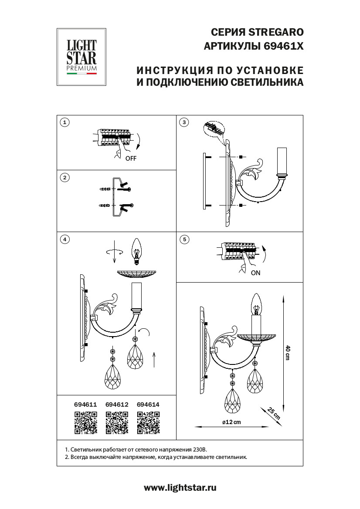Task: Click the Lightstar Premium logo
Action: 82,57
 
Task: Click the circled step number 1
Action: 65,122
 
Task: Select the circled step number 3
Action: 184,122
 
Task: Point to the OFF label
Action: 131,158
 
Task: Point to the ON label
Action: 255,273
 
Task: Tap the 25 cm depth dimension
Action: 274,413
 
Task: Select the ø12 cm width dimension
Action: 231,422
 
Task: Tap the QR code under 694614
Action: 148,423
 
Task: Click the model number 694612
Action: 117,405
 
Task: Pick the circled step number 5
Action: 184,239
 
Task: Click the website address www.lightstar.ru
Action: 180,488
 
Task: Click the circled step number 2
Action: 65,177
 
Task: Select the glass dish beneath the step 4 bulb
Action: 136,273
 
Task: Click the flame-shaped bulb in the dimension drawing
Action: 256,303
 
